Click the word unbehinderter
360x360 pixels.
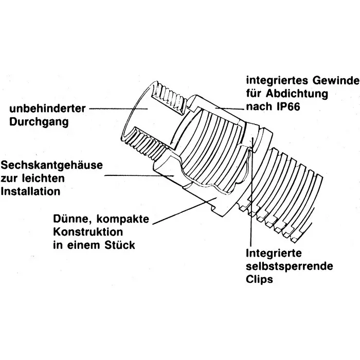click(x=46, y=109)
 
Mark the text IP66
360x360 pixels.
click(x=294, y=107)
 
